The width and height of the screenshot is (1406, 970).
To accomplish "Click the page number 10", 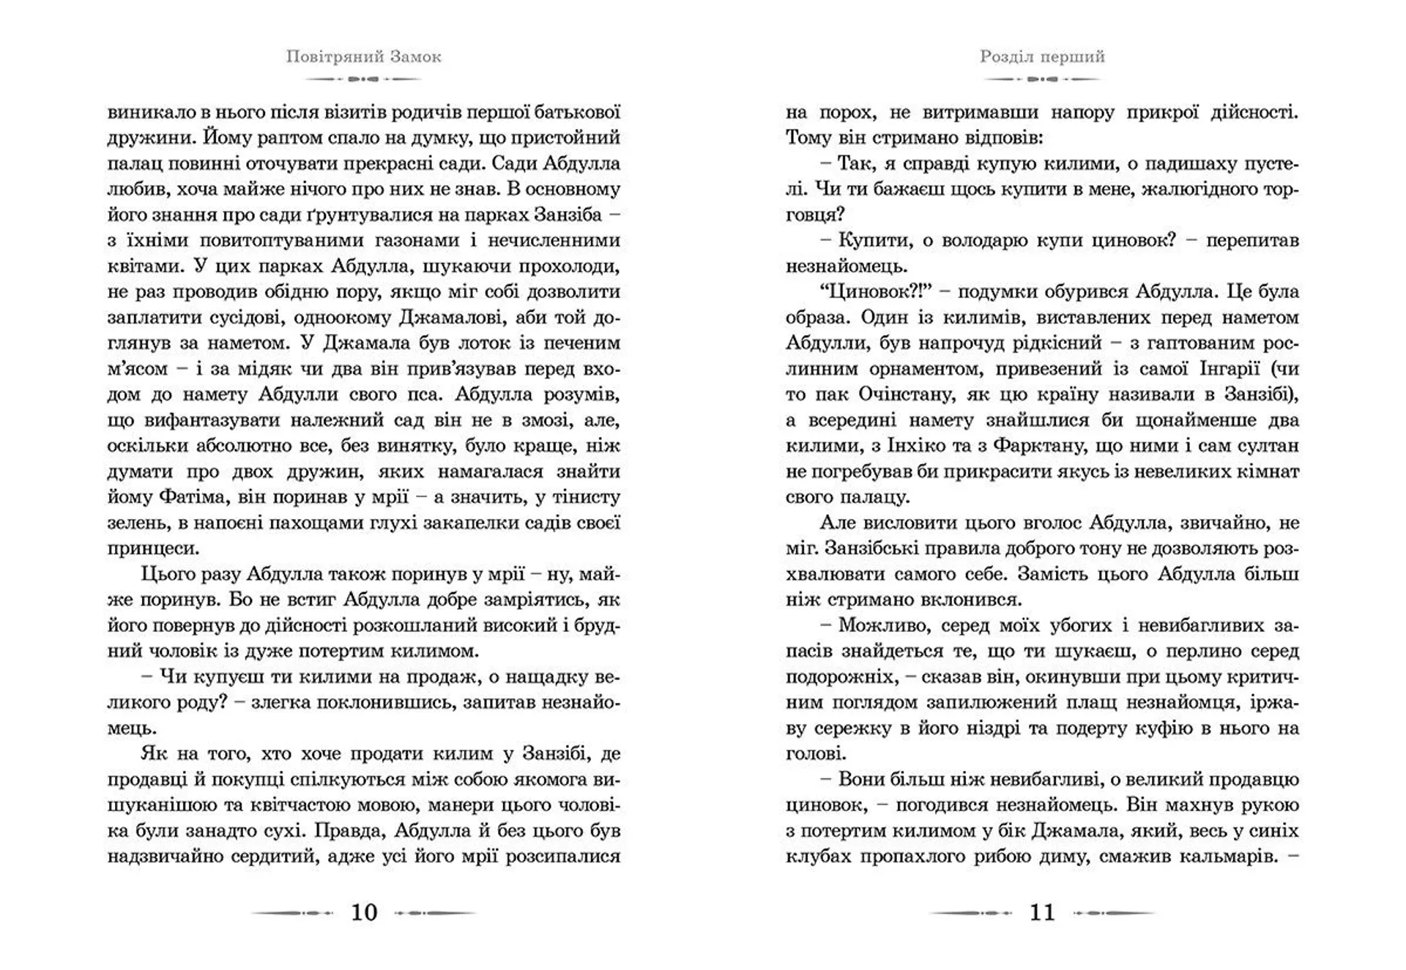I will [364, 912].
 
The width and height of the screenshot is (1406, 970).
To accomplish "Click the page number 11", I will [1042, 912].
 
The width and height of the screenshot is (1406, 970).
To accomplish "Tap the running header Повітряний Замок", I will [364, 56].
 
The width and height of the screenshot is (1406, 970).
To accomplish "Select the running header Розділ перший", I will [1042, 56].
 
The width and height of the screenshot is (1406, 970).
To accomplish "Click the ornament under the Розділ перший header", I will [1042, 78].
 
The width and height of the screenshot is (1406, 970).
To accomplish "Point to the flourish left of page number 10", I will [293, 913].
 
